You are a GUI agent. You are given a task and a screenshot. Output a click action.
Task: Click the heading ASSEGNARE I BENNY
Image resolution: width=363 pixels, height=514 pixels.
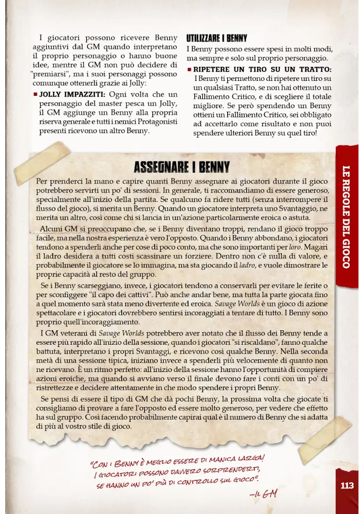(x=181, y=168)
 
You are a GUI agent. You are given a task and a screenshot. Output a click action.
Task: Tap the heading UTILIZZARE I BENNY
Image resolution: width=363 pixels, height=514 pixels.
(x=217, y=38)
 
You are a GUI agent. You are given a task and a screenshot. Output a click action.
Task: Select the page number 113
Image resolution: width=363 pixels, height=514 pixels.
(x=347, y=485)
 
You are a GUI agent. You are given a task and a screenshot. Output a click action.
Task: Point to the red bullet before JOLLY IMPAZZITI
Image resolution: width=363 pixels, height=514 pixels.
(x=35, y=95)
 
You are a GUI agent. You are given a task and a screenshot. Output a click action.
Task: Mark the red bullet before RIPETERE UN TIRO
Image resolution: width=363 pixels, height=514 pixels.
(x=189, y=70)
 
